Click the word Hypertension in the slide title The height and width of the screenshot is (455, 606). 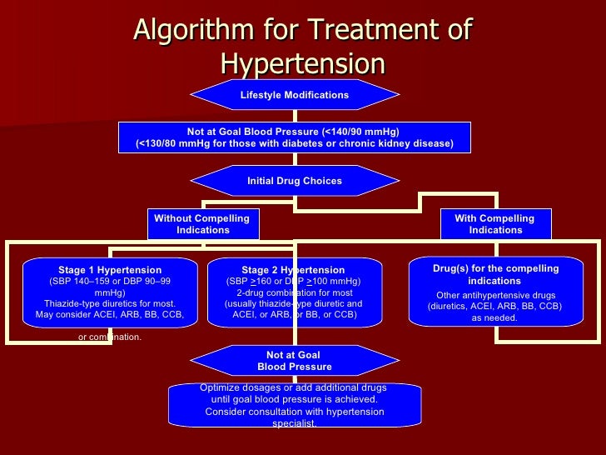[x=303, y=64]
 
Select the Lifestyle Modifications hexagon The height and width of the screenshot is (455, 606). [x=294, y=95]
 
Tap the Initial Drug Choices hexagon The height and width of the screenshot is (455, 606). [x=294, y=181]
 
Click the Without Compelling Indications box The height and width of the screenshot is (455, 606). [x=202, y=224]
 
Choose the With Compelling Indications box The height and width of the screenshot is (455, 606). [x=494, y=224]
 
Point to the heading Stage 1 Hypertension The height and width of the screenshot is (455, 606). [x=110, y=270]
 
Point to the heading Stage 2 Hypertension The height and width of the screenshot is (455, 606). [x=293, y=270]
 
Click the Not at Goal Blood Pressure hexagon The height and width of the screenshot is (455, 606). [x=294, y=361]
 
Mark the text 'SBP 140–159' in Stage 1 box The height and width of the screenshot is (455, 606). [x=83, y=282]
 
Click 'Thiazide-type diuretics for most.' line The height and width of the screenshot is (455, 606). [x=110, y=303]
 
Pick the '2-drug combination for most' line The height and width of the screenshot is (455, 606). [x=294, y=292]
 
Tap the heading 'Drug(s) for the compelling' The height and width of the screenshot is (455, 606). [x=495, y=269]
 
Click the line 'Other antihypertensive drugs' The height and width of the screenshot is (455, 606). [x=495, y=295]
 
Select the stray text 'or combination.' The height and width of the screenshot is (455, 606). [x=110, y=337]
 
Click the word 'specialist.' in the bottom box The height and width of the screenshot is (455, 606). [x=294, y=423]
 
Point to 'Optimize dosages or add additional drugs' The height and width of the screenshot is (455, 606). [x=294, y=387]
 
